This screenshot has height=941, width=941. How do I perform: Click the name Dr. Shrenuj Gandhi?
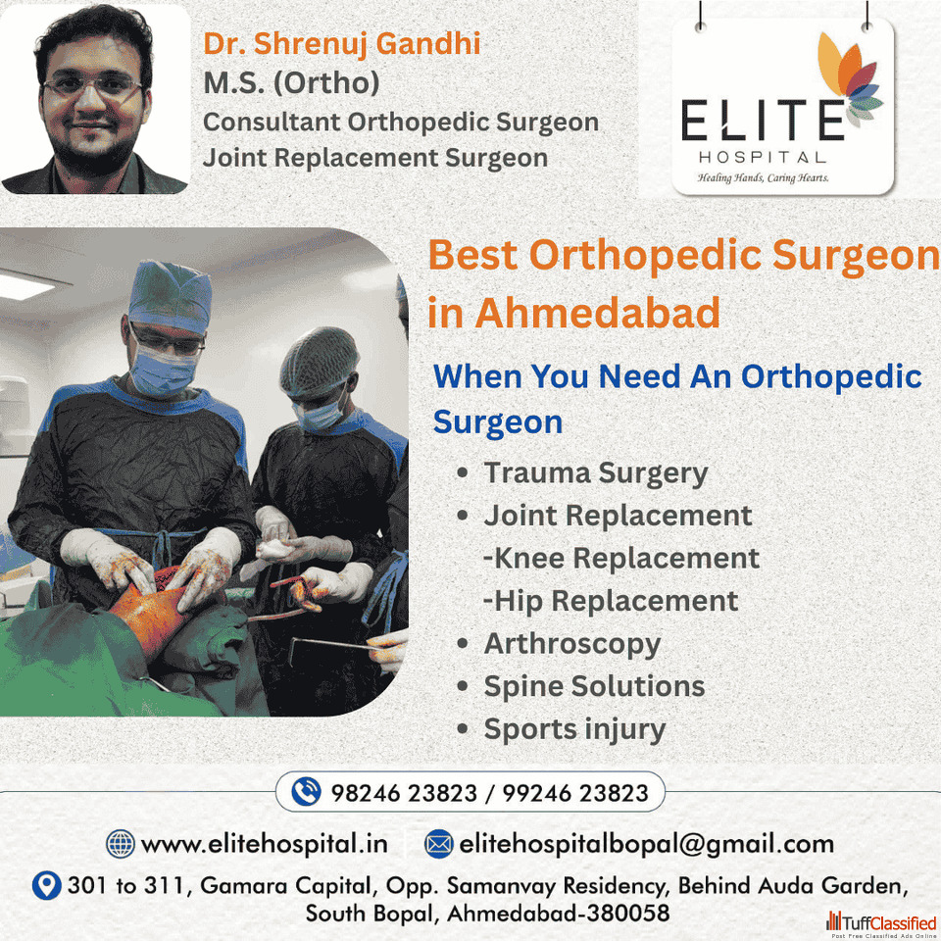[x=341, y=44]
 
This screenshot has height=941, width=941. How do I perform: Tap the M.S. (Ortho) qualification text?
[x=292, y=82]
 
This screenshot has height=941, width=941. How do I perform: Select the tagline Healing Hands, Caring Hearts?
[x=763, y=177]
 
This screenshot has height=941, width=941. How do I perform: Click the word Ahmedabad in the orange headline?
[x=597, y=313]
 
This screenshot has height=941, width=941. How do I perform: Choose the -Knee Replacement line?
[x=621, y=558]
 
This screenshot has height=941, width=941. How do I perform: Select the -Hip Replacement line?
[x=611, y=601]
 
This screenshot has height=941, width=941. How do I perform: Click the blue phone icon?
[x=306, y=792]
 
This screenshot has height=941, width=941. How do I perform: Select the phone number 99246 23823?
[x=575, y=793]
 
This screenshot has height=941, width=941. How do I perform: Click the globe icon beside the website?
[x=120, y=843]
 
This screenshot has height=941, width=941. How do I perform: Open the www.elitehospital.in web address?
[x=264, y=844]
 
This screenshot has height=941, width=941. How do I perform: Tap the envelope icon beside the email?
[x=439, y=844]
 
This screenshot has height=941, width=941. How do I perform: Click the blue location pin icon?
[x=46, y=884]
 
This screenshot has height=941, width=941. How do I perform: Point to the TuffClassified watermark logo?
[x=881, y=923]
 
